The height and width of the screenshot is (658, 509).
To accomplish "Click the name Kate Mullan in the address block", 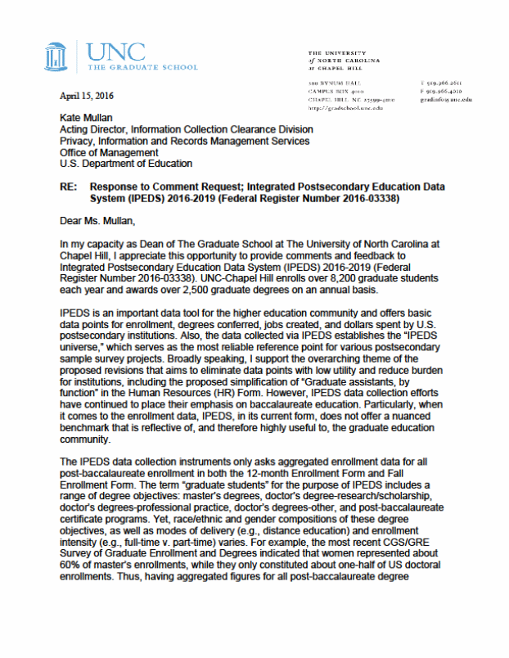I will coord(88,119).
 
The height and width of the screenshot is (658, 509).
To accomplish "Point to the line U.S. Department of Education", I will coord(127,164).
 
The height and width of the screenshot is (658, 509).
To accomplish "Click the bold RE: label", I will coord(70,187).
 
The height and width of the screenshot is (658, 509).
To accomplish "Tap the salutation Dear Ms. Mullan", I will coord(101,219).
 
